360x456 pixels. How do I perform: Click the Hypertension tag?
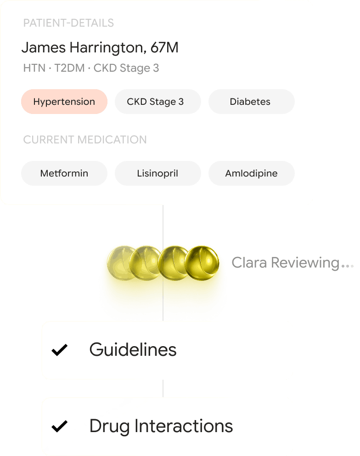click(64, 102)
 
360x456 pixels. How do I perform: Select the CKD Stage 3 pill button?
click(157, 102)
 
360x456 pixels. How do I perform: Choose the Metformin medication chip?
click(64, 173)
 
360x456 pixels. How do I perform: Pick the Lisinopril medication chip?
click(157, 173)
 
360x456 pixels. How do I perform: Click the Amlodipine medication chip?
click(251, 173)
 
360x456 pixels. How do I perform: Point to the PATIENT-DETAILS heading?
click(68, 23)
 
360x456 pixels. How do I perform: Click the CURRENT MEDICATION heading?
click(85, 140)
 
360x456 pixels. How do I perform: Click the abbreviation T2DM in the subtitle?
click(70, 68)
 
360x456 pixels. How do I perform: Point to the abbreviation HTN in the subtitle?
click(34, 68)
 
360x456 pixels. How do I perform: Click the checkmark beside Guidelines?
click(60, 350)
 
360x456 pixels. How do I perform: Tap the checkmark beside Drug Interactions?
click(60, 426)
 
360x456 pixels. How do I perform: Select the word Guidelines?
click(133, 350)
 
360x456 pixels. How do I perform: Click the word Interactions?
click(184, 426)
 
